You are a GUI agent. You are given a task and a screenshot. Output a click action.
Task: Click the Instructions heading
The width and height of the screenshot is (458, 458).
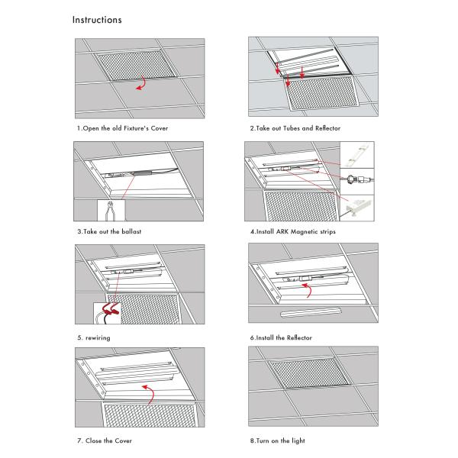(x=97, y=20)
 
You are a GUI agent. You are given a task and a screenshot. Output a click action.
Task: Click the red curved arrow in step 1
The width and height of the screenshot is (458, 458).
(x=141, y=83)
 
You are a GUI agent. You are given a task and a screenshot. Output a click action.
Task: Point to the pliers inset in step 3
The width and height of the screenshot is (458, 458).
(x=111, y=211)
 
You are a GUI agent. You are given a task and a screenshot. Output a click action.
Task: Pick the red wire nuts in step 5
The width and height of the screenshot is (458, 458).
(x=110, y=311)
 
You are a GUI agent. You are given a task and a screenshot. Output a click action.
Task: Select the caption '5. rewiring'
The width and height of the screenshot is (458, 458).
(x=94, y=338)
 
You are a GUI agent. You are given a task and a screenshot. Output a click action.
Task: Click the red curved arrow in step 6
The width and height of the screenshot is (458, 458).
(x=307, y=290)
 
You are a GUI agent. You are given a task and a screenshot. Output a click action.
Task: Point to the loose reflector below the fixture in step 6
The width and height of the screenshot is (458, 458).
(x=311, y=312)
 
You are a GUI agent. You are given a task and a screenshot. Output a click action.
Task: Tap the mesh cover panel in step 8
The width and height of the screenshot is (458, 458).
(x=308, y=373)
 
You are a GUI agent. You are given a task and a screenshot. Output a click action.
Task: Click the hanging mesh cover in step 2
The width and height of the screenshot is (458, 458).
(x=322, y=93)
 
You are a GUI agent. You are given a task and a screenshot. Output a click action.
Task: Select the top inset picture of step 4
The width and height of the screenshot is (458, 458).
(x=357, y=155)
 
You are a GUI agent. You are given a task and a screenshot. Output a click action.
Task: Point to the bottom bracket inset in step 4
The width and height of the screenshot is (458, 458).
(x=357, y=208)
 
